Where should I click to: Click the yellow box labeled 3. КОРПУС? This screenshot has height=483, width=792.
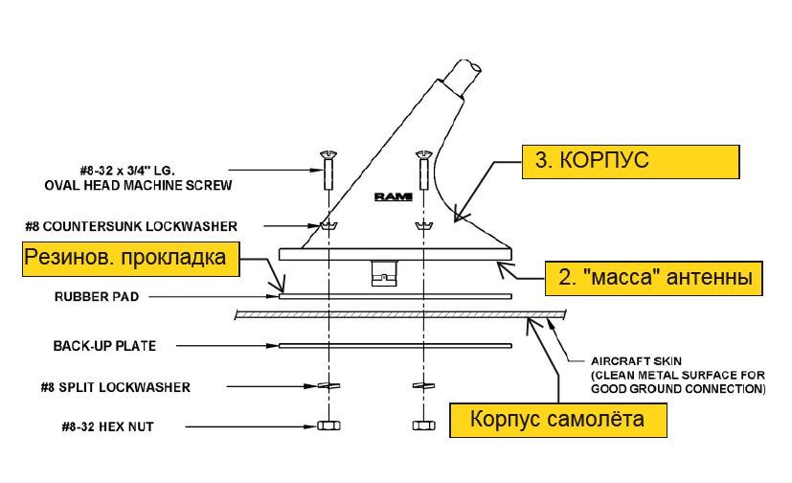point(630,161)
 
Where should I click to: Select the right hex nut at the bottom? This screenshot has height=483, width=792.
point(422,425)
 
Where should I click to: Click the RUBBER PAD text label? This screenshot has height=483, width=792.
point(97,297)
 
